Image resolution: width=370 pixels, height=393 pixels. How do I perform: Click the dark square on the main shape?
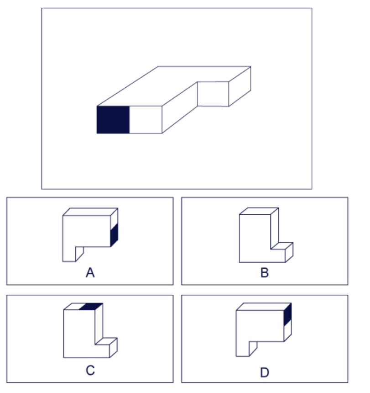113,120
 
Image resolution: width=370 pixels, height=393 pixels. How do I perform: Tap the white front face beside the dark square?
146,120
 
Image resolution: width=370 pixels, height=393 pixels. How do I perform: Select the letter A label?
90,272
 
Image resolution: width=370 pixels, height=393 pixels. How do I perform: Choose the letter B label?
265,272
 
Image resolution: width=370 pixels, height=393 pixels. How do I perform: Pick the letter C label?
90,370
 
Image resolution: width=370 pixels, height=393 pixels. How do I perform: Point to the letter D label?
265,372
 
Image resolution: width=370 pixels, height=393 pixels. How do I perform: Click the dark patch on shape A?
114,235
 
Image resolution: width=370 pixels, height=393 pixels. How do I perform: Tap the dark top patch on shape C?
91,307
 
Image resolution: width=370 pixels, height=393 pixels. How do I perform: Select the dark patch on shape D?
288,315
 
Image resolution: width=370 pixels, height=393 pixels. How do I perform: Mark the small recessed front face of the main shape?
213,94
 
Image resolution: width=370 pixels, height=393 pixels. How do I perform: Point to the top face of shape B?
259,211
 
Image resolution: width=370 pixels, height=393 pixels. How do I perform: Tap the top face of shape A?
90,212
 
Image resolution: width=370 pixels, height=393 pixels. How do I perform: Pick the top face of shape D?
264,307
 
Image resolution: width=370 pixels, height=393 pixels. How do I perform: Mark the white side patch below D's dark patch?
288,330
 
